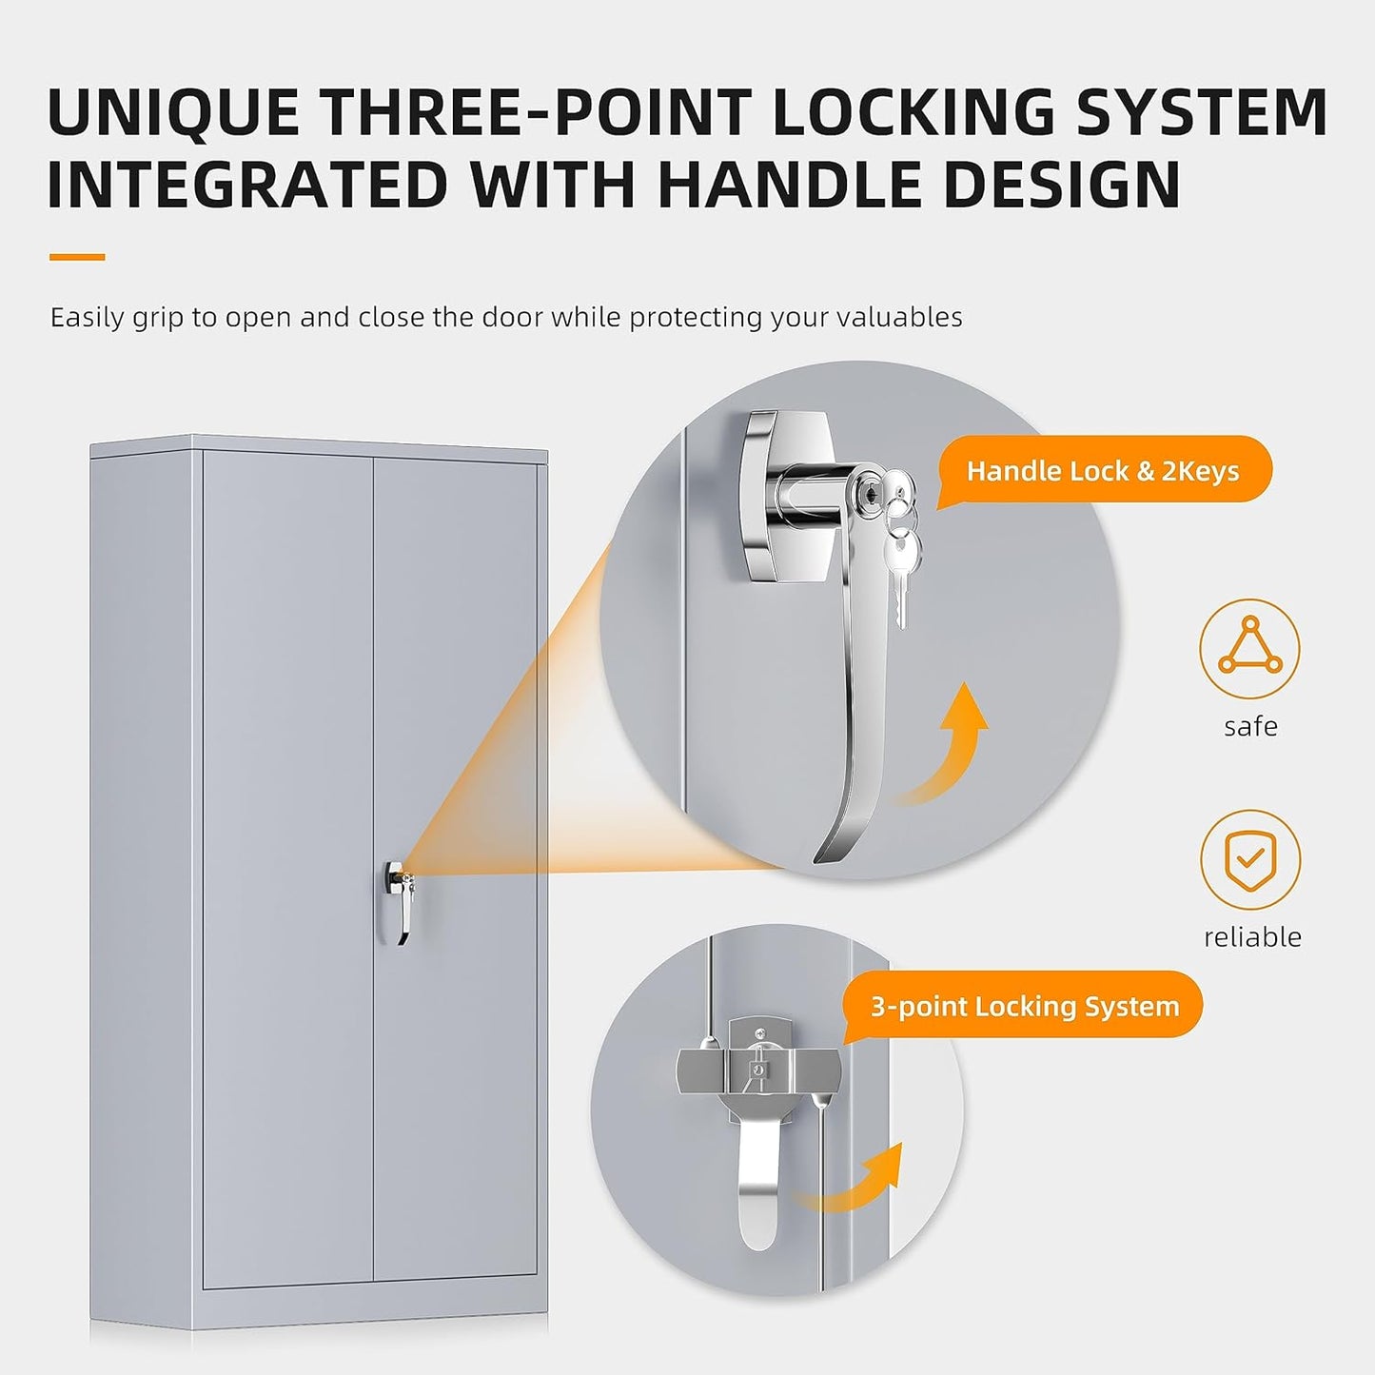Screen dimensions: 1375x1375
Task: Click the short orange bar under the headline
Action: click(77, 257)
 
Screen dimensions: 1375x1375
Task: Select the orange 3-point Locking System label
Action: click(1025, 1007)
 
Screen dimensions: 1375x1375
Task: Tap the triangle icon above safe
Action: click(1249, 648)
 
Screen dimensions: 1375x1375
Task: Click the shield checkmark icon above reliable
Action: click(1250, 859)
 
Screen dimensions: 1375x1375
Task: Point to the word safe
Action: click(1250, 726)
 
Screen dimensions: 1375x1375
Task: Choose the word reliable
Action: click(1252, 937)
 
